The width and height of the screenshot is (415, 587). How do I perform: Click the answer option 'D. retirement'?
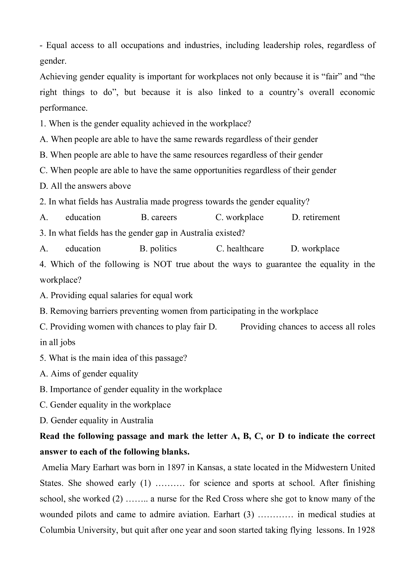[316, 217]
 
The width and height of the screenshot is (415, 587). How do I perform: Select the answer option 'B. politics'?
[158, 249]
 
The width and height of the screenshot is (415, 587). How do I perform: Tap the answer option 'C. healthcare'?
[240, 249]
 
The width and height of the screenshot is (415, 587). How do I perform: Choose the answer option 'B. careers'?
[159, 217]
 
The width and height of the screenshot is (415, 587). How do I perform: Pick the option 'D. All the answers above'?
[85, 186]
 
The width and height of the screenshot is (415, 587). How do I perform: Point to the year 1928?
[366, 530]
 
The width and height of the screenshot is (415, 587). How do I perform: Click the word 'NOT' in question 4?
[163, 264]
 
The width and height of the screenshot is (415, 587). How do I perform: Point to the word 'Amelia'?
[55, 467]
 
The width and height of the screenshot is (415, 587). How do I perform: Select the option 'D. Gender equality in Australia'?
[96, 421]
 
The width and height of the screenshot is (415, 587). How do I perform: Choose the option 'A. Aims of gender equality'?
[89, 374]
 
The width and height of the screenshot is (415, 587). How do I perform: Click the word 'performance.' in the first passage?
[64, 108]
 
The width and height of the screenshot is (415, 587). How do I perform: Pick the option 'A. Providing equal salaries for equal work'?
[116, 296]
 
